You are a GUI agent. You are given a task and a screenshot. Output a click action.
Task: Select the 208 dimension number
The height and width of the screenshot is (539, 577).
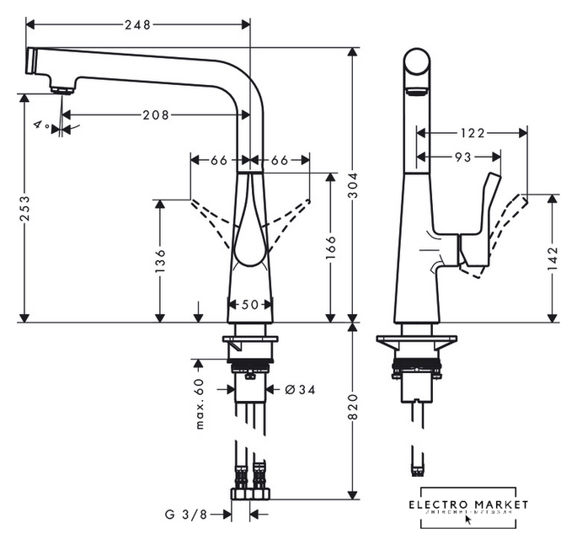click(154, 114)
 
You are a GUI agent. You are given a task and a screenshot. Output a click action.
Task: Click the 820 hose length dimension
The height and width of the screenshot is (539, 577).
click(353, 408)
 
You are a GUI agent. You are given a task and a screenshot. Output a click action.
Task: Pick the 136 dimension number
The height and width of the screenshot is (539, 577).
click(159, 260)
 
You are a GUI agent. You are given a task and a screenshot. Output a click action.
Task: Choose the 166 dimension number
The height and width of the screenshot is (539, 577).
click(331, 246)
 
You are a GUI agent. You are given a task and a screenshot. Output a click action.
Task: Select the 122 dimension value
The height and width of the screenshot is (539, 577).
click(472, 132)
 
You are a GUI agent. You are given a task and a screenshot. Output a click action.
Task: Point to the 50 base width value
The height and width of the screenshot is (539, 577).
click(251, 305)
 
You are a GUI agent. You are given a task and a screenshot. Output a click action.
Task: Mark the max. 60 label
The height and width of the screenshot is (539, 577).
click(200, 403)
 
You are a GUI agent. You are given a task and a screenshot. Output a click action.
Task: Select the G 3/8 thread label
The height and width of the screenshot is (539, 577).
click(185, 512)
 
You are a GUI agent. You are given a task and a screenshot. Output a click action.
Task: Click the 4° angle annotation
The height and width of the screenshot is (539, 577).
click(40, 124)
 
